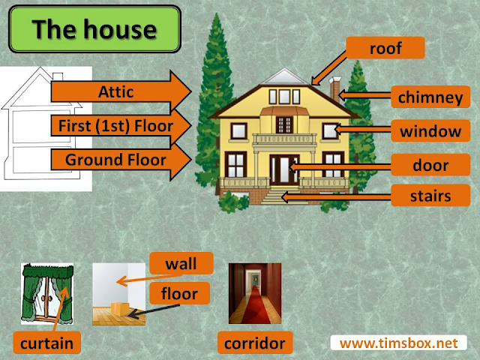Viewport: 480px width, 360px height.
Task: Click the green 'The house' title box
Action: (x=95, y=29)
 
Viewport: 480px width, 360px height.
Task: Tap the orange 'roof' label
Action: (x=385, y=48)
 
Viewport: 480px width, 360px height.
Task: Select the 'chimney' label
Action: (x=430, y=97)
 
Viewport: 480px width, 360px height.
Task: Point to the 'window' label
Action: (x=430, y=131)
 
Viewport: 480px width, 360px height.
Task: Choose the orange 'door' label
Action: (x=430, y=165)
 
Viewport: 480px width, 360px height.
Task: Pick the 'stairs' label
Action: (x=430, y=196)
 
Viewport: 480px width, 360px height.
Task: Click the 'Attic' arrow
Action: (x=121, y=91)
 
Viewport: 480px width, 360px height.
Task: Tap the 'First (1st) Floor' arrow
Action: (x=121, y=125)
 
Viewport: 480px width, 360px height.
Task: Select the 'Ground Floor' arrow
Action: (x=121, y=160)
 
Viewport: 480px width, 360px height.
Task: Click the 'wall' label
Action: (x=181, y=263)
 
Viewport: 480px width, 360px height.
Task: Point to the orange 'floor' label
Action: (x=180, y=293)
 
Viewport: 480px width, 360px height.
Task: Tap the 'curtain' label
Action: (x=46, y=343)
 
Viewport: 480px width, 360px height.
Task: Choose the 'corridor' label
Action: (x=255, y=343)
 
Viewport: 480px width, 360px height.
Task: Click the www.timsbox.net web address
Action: (x=398, y=343)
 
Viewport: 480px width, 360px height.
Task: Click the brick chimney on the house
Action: (x=335, y=88)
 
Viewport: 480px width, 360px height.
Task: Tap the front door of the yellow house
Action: (x=284, y=169)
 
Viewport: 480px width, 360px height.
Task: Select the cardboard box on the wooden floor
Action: (x=120, y=308)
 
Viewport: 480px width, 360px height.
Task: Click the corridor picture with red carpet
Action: (x=255, y=293)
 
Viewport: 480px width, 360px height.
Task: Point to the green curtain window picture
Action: (x=47, y=294)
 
